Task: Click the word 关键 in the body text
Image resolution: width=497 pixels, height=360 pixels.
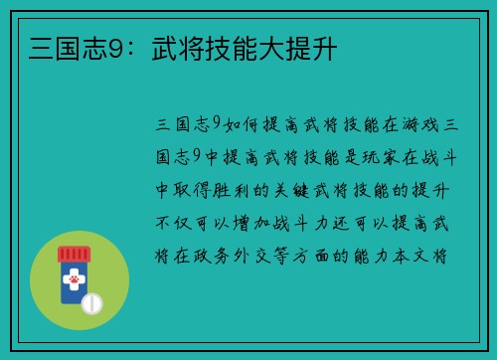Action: pyautogui.click(x=314, y=189)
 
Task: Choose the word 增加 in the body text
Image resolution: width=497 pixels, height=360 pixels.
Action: pyautogui.click(x=268, y=222)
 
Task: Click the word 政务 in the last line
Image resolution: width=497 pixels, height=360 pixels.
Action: pyautogui.click(x=222, y=255)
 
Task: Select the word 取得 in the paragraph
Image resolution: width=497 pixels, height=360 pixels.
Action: pyautogui.click(x=200, y=189)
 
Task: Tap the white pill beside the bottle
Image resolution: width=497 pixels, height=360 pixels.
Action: pyautogui.click(x=92, y=302)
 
